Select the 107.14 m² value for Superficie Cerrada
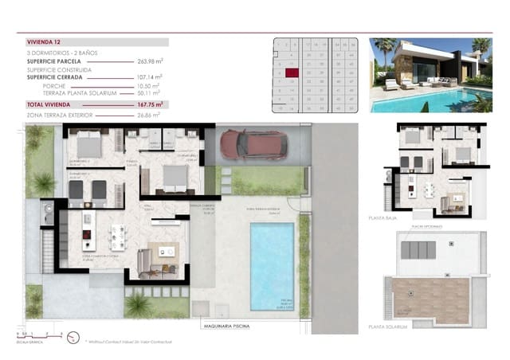(x=148, y=77)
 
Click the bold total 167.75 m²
(x=149, y=104)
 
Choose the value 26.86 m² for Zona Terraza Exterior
(x=149, y=115)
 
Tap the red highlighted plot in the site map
(x=292, y=72)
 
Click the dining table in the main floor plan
(x=119, y=237)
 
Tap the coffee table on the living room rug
(x=168, y=252)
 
